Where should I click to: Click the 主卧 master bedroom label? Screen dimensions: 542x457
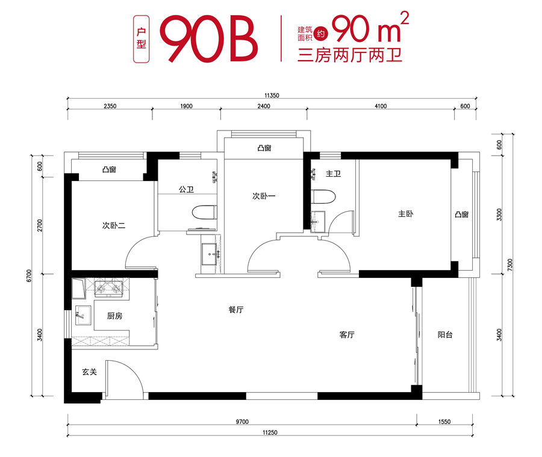point(405,214)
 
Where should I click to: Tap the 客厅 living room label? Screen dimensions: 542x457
point(347,335)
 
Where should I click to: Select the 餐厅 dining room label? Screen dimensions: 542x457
point(235,310)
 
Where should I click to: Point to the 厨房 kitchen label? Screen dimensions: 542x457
point(114,316)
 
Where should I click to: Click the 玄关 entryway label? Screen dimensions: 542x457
point(89,372)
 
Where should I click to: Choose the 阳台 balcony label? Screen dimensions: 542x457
point(445,335)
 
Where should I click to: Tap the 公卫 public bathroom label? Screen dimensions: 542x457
point(186,189)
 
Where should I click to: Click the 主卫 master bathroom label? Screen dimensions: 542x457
point(333,174)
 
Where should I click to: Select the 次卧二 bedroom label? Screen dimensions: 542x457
point(114,225)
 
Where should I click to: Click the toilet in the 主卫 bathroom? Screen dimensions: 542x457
point(323,197)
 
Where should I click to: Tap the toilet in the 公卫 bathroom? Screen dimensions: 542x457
point(204,213)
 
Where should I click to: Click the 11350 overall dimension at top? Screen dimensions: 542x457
point(272,96)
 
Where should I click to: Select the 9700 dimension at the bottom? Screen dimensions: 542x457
point(242,422)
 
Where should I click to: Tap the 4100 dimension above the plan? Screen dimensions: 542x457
point(381,106)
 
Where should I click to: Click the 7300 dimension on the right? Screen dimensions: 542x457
point(511,265)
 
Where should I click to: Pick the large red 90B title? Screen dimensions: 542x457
point(209,38)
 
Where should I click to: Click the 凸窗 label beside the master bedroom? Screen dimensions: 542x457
point(461,215)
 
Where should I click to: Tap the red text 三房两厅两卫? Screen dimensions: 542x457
point(349,55)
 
